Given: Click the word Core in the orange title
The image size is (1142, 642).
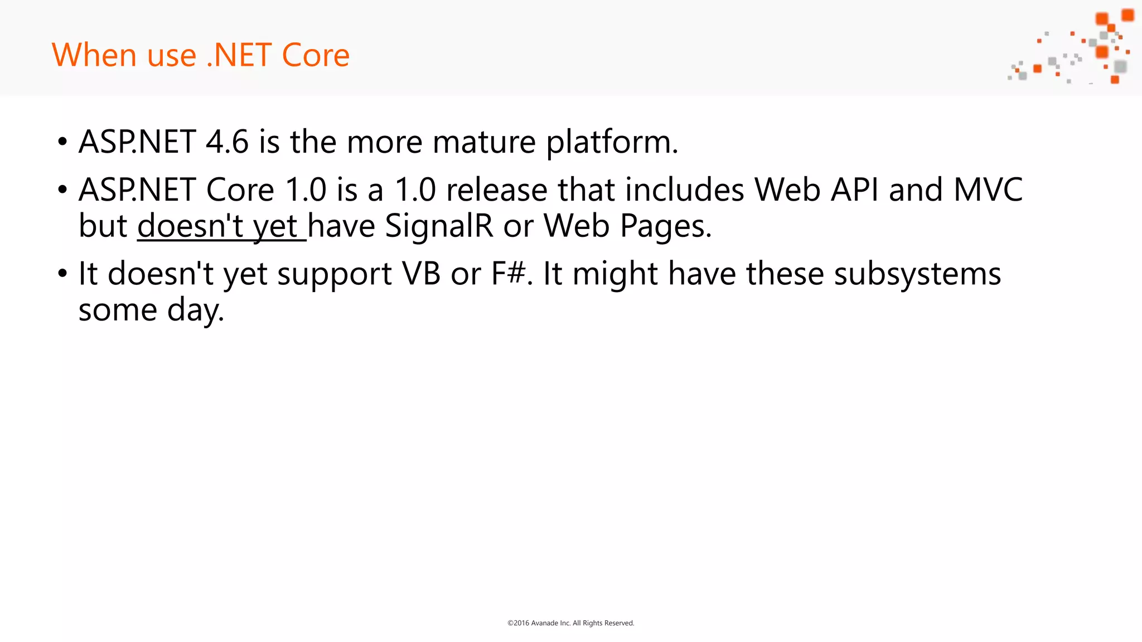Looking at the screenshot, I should (316, 55).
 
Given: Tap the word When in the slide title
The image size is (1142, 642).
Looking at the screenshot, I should (94, 55).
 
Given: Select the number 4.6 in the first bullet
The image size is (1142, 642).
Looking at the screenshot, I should (227, 142).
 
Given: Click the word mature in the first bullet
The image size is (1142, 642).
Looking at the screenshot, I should (484, 142).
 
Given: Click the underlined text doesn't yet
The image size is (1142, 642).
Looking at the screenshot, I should (221, 226).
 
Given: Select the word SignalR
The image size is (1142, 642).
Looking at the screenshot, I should (439, 226).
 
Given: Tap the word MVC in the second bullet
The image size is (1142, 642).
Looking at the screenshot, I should (988, 189).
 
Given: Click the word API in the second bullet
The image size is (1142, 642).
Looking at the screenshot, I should (854, 189).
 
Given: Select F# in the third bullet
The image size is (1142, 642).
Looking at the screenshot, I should (508, 274).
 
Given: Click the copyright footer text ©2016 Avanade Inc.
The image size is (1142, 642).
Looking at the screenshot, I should (570, 623).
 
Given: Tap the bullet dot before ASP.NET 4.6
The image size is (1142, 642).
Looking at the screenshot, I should (62, 142).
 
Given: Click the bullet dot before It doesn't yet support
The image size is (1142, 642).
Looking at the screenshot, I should (62, 274).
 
